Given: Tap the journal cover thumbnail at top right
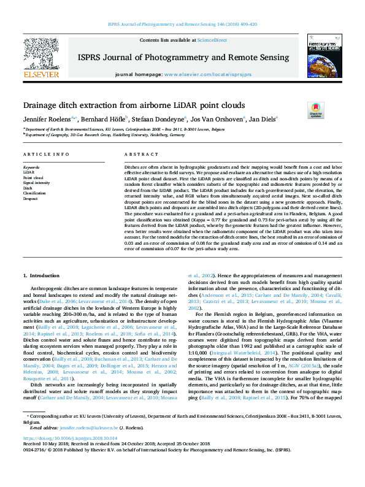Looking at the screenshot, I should (325, 55).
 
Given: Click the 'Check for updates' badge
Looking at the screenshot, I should (315, 110).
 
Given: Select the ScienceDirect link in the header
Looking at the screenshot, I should (212, 40).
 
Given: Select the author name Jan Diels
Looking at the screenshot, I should (263, 118).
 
